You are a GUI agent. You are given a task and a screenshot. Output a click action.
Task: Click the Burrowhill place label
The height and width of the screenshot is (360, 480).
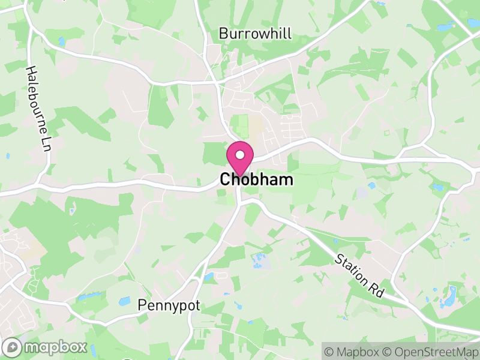255,34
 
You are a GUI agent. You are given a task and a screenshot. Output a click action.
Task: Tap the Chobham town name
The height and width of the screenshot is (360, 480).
257,179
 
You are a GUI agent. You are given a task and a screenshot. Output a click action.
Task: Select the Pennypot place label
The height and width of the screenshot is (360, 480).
169,306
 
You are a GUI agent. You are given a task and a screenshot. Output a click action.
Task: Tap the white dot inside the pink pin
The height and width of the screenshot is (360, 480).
239,155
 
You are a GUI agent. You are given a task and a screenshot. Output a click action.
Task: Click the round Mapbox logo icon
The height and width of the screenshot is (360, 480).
13,347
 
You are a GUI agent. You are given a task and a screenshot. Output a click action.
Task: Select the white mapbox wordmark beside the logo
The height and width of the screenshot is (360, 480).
55,347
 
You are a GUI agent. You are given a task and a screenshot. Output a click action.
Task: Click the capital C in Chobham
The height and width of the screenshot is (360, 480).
225,179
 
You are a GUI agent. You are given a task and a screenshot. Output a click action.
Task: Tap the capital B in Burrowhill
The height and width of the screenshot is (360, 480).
223,34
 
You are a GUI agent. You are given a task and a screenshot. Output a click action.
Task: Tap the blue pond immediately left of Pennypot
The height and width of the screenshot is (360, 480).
124,301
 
